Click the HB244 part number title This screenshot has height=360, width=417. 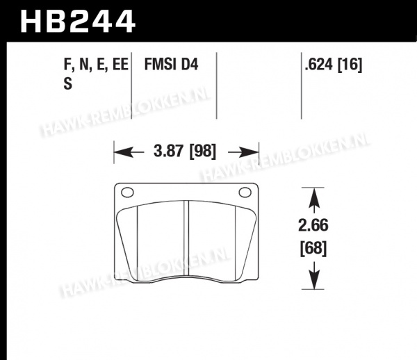(x=78, y=22)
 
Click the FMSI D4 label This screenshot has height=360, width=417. (x=171, y=65)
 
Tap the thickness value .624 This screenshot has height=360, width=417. (x=318, y=65)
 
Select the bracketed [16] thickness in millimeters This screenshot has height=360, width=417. (x=350, y=65)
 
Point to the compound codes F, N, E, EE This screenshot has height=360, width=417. (x=96, y=65)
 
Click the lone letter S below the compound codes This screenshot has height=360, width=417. (x=68, y=83)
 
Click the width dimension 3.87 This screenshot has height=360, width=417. (x=169, y=151)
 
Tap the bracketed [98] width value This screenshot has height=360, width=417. (x=203, y=152)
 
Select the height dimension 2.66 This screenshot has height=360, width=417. (x=313, y=225)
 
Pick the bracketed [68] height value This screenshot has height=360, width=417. (x=313, y=249)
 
